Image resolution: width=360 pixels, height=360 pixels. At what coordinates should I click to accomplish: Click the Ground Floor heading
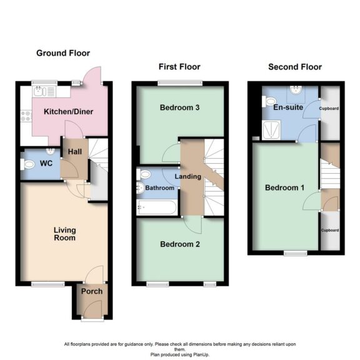coord(62,54)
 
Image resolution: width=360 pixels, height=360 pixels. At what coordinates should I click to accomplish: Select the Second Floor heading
coord(294,67)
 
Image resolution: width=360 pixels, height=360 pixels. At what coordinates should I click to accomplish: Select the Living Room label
coord(64,234)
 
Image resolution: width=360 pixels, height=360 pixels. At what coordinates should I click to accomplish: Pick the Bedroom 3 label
coord(179,107)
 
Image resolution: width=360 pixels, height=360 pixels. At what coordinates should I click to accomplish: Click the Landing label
coord(187,176)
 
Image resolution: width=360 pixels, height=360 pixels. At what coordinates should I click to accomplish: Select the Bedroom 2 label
coord(179,244)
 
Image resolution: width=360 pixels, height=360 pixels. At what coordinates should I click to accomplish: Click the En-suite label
coord(288,107)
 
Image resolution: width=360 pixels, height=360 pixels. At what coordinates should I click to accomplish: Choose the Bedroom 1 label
coord(285,188)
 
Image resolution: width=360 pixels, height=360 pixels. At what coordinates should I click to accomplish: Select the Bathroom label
coord(161,187)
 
